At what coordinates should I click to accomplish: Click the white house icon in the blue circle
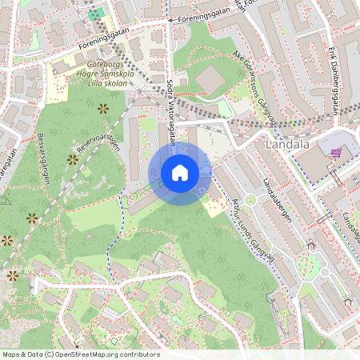pyautogui.click(x=180, y=173)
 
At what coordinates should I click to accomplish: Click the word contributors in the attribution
pyautogui.click(x=136, y=354)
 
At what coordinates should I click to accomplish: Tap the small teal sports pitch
pyautogui.click(x=95, y=13)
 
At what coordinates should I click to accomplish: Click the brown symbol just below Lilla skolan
pyautogui.click(x=102, y=108)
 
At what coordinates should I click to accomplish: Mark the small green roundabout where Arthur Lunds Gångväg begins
pyautogui.click(x=250, y=199)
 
